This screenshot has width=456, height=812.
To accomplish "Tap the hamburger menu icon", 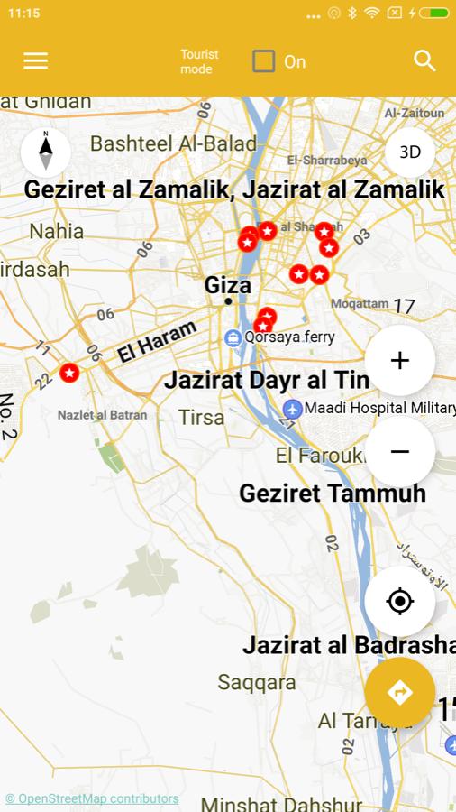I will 36,60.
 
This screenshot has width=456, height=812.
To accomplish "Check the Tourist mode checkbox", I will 263,61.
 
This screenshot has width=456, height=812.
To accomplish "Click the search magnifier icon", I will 424,60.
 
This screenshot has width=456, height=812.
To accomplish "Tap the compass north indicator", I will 46,151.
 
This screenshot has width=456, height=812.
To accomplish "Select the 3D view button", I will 410,152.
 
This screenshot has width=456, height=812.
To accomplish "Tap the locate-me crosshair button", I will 400,601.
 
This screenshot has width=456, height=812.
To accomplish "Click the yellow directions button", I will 400,692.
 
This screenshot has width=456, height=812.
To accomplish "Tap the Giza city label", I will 227,285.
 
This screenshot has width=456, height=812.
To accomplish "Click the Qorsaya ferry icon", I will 233,337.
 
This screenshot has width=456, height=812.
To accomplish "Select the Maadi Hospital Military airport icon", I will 292,409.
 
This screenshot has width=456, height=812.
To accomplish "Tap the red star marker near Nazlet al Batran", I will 69,372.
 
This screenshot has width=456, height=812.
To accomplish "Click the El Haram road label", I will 156,342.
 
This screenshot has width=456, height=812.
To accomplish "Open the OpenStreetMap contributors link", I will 92,798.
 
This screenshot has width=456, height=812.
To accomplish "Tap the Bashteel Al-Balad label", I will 173,143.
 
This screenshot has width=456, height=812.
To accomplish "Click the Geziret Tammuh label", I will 333,494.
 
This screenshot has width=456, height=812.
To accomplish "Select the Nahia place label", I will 56,231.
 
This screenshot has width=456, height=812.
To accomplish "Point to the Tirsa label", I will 201,417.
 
